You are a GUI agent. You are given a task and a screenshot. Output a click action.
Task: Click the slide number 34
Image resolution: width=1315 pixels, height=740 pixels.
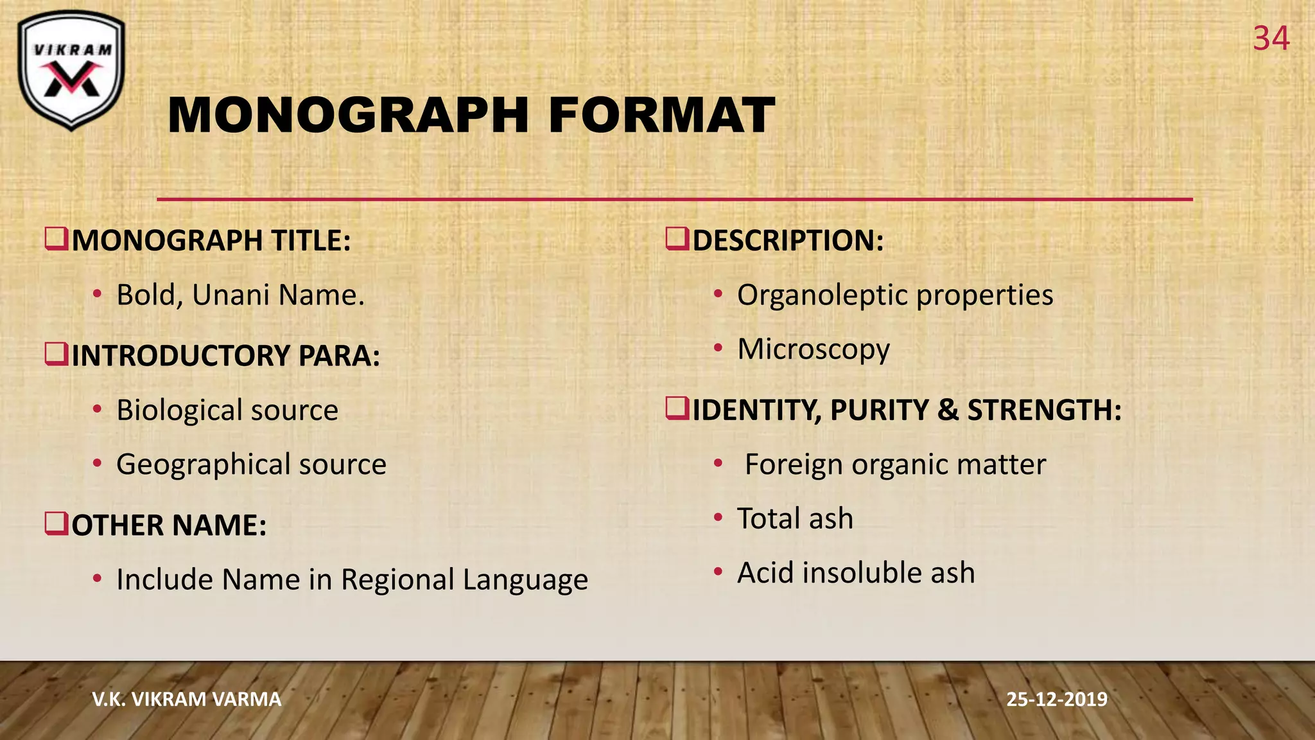[1271, 39]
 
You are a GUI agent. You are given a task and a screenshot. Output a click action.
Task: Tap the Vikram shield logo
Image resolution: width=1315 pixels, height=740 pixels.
[71, 70]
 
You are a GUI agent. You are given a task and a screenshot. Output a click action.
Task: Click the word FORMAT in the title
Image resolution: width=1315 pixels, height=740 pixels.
[661, 116]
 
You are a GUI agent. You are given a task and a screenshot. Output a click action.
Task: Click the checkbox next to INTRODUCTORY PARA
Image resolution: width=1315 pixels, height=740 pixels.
[57, 353]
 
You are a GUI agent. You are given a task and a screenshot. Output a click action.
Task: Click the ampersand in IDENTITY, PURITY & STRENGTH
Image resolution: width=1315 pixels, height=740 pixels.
[948, 410]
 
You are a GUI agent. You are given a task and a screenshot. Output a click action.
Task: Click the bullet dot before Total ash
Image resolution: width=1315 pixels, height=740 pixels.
[718, 517]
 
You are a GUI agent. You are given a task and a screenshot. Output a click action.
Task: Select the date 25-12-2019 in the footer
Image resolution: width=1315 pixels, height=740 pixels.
[1057, 699]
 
